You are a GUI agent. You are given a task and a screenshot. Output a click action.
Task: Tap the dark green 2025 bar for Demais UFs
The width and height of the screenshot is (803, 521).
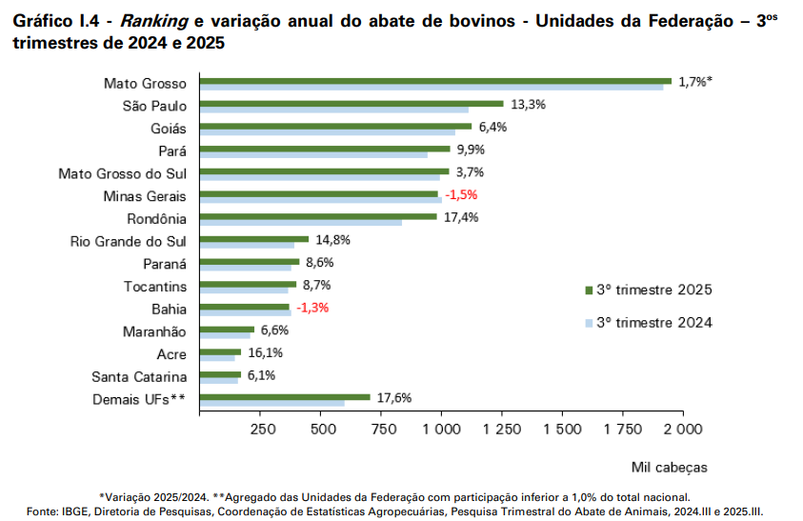click(286, 396)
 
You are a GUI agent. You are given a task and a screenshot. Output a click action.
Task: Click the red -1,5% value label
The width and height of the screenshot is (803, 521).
click(461, 195)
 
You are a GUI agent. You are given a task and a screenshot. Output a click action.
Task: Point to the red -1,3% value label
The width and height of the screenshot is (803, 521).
click(312, 308)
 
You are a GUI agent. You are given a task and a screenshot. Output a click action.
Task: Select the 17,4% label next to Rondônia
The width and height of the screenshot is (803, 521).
click(459, 217)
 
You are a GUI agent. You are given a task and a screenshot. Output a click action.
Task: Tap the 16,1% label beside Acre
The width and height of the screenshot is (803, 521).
click(264, 352)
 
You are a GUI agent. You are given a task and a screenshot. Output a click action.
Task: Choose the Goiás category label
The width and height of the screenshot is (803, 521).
click(169, 128)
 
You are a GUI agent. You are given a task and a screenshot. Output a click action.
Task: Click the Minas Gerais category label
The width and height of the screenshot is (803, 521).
click(145, 196)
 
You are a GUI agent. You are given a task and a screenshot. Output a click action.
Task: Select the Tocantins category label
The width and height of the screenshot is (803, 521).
click(155, 287)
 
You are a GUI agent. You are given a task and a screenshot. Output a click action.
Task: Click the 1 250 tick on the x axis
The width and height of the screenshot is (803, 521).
click(502, 430)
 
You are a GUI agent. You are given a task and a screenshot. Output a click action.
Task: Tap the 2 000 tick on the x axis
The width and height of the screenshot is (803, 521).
click(683, 430)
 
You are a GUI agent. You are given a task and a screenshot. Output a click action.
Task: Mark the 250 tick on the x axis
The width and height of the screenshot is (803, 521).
click(262, 430)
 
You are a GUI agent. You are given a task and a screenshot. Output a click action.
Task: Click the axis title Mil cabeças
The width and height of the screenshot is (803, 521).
click(670, 467)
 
